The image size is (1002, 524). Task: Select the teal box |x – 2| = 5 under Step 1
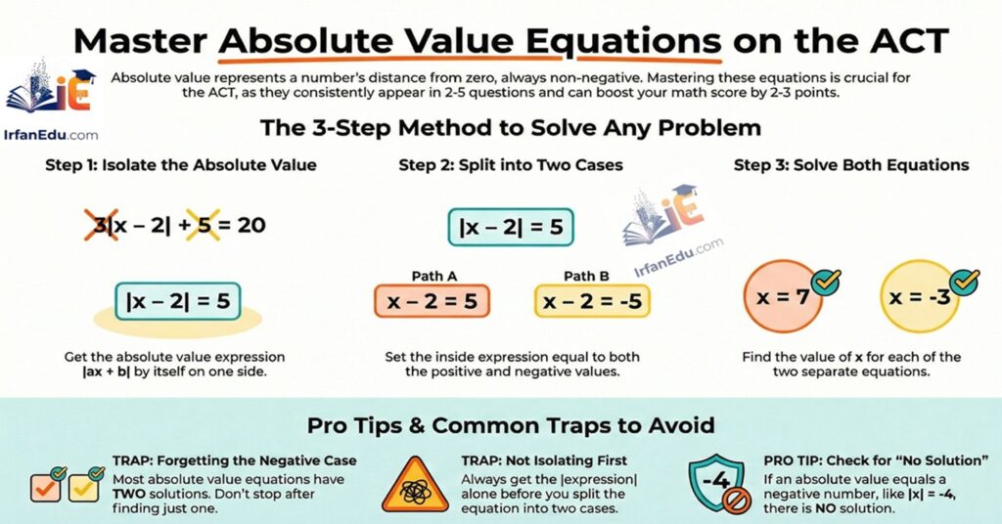(x=177, y=301)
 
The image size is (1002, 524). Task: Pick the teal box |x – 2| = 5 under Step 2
(x=510, y=228)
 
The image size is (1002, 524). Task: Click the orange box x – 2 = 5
(x=432, y=302)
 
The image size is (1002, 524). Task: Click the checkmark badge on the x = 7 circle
(x=826, y=281)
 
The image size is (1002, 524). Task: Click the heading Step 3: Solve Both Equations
(x=851, y=165)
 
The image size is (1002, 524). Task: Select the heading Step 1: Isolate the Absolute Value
(x=180, y=165)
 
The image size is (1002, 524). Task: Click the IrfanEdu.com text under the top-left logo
(x=52, y=134)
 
